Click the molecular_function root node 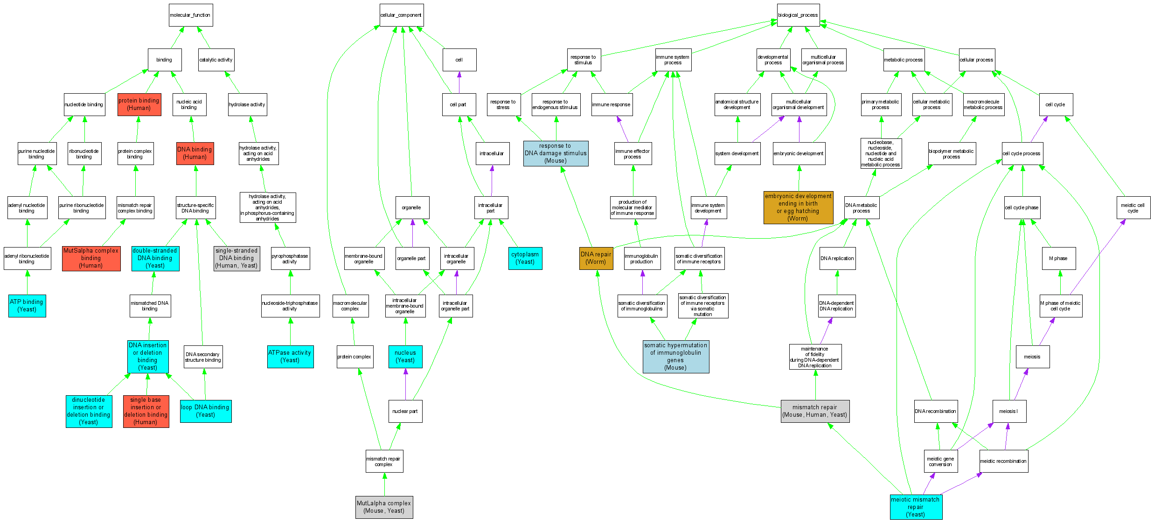tap(190, 15)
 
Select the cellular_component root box tap(401, 15)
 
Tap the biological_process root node tap(798, 15)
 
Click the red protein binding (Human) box tap(139, 104)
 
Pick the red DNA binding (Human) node tap(195, 153)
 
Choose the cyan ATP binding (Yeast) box tap(27, 305)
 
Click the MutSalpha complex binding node tap(91, 258)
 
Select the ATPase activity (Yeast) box tap(290, 356)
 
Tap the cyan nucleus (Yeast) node tap(405, 356)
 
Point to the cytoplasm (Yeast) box tap(525, 258)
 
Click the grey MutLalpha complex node tap(384, 507)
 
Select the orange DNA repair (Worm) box tap(596, 258)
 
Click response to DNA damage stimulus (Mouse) tap(556, 153)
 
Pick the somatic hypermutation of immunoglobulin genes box tap(675, 356)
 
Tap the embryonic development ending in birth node tap(798, 207)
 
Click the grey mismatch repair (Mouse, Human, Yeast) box tap(814, 411)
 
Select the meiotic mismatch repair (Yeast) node tap(915, 507)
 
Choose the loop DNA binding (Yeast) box tap(205, 411)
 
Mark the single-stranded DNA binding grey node tap(236, 258)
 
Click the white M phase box tap(1058, 258)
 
